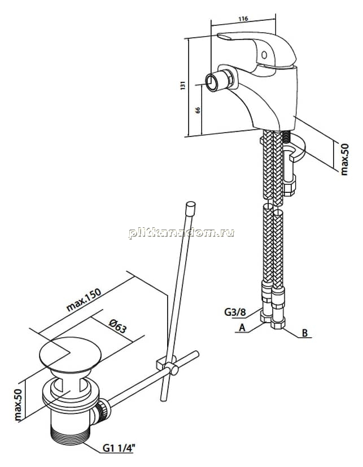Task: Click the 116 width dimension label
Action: [x=243, y=19]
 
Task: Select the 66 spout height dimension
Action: [x=197, y=110]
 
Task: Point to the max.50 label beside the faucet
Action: [x=344, y=160]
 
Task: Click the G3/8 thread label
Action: [x=235, y=312]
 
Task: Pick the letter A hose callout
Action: [x=242, y=328]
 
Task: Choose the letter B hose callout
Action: [x=305, y=333]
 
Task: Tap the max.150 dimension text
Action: [x=84, y=299]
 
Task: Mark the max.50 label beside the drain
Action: [x=19, y=405]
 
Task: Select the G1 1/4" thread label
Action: [x=119, y=448]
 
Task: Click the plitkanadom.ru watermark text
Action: [x=182, y=233]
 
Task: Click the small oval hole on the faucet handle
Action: [x=264, y=55]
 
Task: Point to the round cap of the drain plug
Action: [x=71, y=355]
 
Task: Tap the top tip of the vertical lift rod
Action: [x=190, y=203]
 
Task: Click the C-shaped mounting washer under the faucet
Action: [x=294, y=148]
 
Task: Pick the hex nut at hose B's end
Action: [x=277, y=323]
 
